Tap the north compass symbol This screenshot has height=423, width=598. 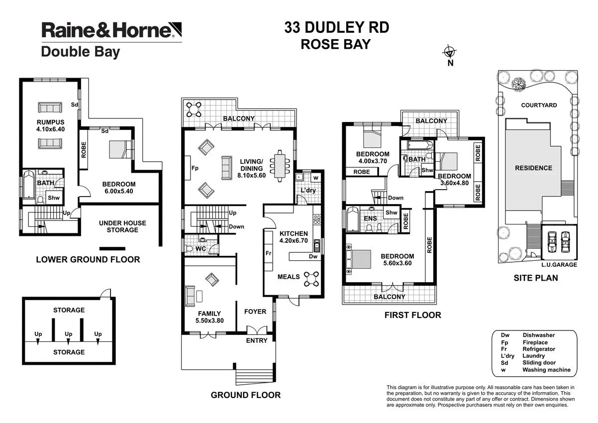pyautogui.click(x=450, y=52)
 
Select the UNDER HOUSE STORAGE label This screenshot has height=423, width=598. pyautogui.click(x=122, y=226)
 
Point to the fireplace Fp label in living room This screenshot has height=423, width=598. pyautogui.click(x=195, y=168)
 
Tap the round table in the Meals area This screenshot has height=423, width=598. pyautogui.click(x=312, y=278)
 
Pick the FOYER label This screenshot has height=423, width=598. pyautogui.click(x=255, y=312)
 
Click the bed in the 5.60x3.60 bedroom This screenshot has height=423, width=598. pyautogui.click(x=359, y=259)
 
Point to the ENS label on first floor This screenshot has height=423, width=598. pyautogui.click(x=370, y=218)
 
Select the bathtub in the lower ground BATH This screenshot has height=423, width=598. pyautogui.click(x=28, y=185)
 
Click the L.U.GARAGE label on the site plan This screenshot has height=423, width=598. pyautogui.click(x=559, y=265)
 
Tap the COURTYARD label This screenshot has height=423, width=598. pyautogui.click(x=539, y=105)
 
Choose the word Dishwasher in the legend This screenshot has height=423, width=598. pyautogui.click(x=539, y=335)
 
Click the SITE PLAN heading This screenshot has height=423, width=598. pyautogui.click(x=535, y=278)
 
